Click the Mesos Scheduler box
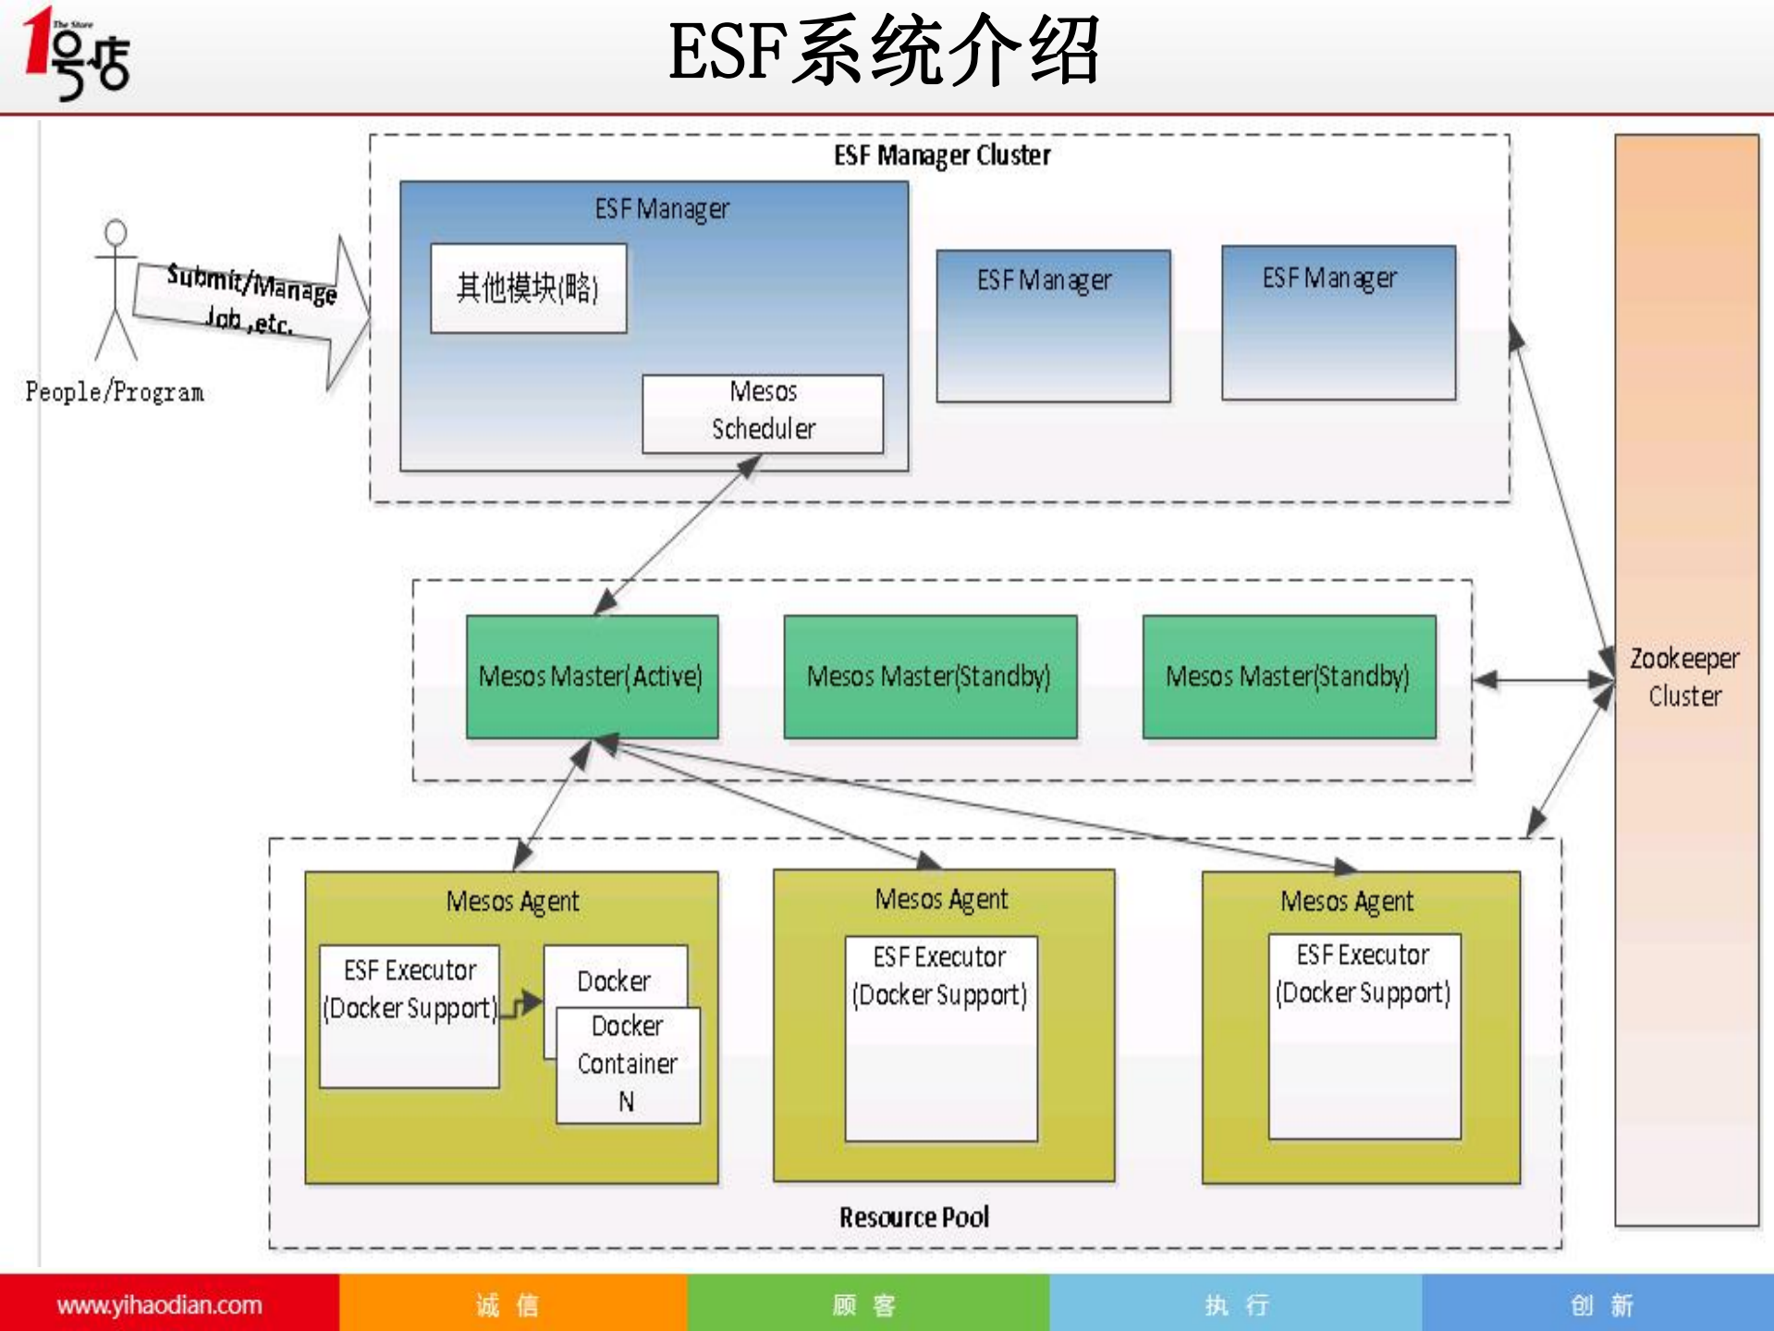click(x=762, y=413)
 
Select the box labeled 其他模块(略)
click(x=528, y=288)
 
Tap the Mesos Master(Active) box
click(x=592, y=676)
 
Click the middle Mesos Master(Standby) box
click(x=929, y=676)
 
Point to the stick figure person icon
click(x=116, y=290)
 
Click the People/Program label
click(x=115, y=392)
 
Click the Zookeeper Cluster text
click(x=1684, y=677)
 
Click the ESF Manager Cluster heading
click(x=941, y=155)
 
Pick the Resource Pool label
click(x=913, y=1217)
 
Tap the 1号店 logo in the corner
click(x=77, y=53)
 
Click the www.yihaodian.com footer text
click(x=159, y=1305)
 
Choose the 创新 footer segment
click(x=1601, y=1305)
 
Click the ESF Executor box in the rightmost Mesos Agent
click(x=1364, y=1036)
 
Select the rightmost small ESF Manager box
click(x=1338, y=322)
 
